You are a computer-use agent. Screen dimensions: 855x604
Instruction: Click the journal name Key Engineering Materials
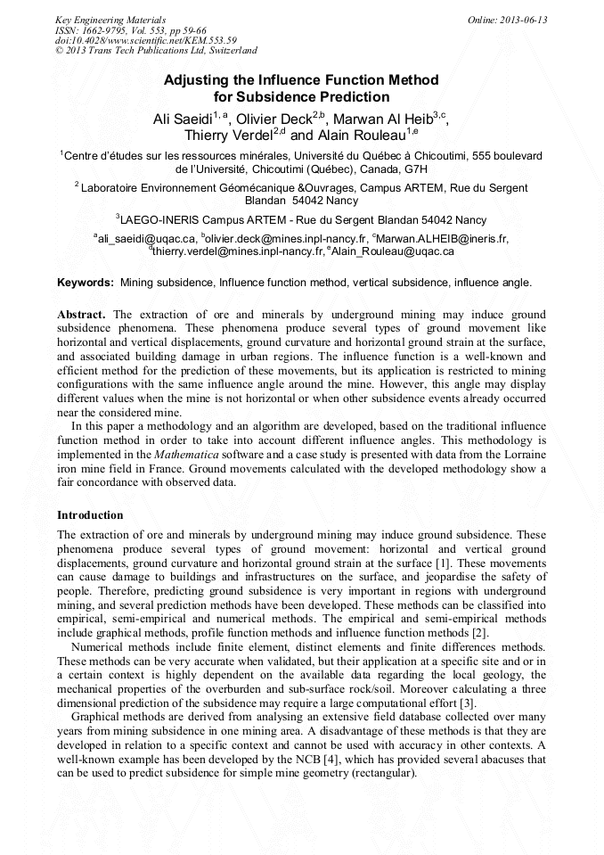click(110, 20)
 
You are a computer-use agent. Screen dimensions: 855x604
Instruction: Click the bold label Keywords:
click(86, 283)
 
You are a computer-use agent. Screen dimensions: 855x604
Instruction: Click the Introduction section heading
click(90, 515)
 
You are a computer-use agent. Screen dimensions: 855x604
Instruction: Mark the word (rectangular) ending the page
click(384, 772)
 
